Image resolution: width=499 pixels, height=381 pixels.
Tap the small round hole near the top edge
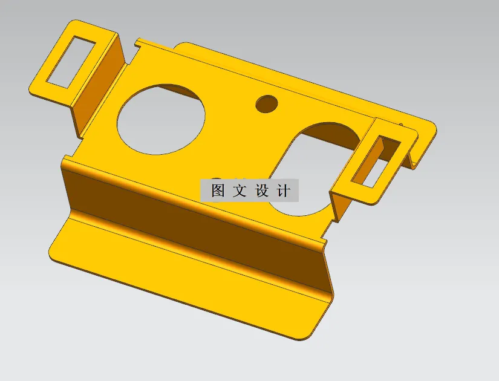click(266, 103)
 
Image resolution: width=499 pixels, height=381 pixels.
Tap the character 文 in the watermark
click(240, 190)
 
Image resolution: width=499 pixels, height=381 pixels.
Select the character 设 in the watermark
click(261, 190)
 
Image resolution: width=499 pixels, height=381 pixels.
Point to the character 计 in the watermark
click(282, 190)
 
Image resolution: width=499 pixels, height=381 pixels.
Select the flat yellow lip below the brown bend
click(181, 284)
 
